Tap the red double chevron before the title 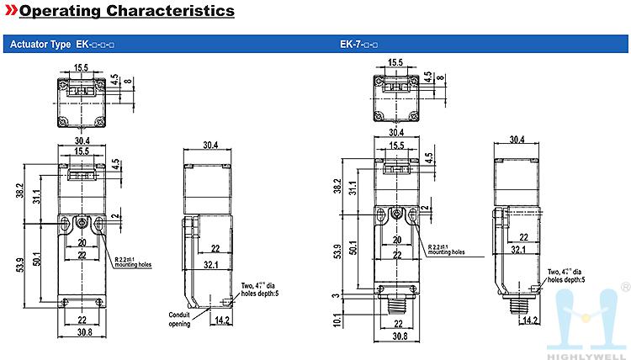click(x=11, y=12)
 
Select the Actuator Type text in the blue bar click(x=40, y=44)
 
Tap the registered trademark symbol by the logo click(x=624, y=287)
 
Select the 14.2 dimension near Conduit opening click(x=222, y=320)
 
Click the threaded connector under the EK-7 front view click(x=396, y=307)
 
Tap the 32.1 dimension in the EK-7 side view click(x=518, y=250)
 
